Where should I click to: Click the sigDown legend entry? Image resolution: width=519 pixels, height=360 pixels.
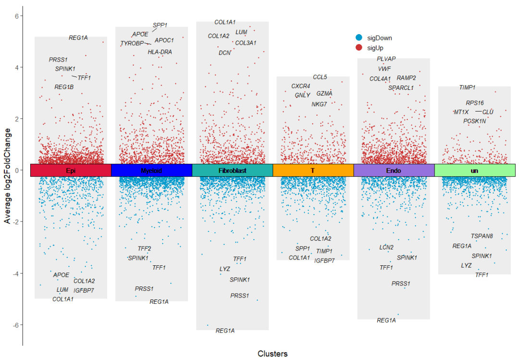point(374,37)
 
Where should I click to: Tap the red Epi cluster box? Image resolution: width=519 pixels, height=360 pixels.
point(71,170)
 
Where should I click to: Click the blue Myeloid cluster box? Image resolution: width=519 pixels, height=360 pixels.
point(151,170)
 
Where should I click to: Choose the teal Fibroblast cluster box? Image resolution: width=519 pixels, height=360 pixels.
point(232,170)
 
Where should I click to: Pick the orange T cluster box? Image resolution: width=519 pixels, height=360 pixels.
point(313,170)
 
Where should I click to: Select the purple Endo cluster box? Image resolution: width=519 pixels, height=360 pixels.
point(394,170)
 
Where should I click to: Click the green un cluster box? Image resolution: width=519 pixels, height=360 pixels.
point(475,170)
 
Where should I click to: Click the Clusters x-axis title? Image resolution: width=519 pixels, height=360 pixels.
point(272,354)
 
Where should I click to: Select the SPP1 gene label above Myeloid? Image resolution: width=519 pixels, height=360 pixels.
point(161,25)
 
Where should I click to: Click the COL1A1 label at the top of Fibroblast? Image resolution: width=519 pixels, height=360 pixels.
point(225,22)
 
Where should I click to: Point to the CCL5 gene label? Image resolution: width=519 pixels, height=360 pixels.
point(320,77)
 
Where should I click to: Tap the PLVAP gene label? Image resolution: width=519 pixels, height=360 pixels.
point(386,59)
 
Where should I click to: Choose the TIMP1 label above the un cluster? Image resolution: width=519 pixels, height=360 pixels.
point(467,87)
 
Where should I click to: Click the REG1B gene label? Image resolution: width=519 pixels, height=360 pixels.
point(64,87)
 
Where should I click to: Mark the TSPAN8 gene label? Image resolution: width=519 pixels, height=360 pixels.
point(482,236)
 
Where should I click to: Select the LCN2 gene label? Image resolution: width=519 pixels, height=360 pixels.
point(386,248)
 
